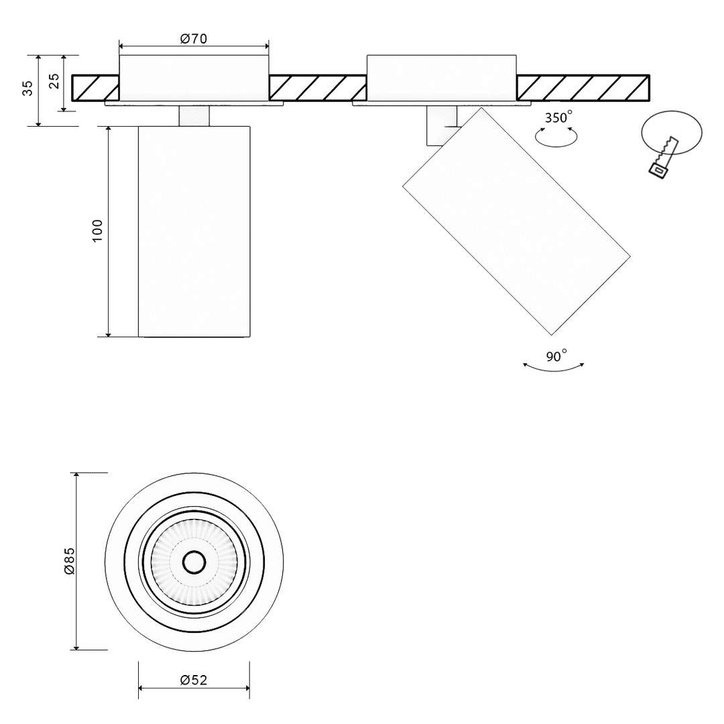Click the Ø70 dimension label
pyautogui.click(x=194, y=39)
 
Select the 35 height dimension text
pyautogui.click(x=27, y=88)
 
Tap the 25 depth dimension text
pyautogui.click(x=54, y=81)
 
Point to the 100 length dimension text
pyautogui.click(x=98, y=231)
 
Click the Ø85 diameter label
pyautogui.click(x=68, y=560)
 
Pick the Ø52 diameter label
pyautogui.click(x=194, y=680)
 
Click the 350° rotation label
pyautogui.click(x=558, y=118)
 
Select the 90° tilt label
pyautogui.click(x=556, y=356)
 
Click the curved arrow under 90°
pyautogui.click(x=554, y=368)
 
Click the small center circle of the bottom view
pyautogui.click(x=194, y=562)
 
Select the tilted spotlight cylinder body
pyautogui.click(x=516, y=221)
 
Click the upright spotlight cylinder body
pyautogui.click(x=194, y=231)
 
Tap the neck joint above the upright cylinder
pyautogui.click(x=194, y=115)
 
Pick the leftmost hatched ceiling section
pyautogui.click(x=95, y=88)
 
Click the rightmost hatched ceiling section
pyautogui.click(x=583, y=88)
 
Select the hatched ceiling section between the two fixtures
pyautogui.click(x=318, y=88)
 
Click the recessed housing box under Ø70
pyautogui.click(x=194, y=78)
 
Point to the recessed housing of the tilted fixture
pyautogui.click(x=441, y=78)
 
